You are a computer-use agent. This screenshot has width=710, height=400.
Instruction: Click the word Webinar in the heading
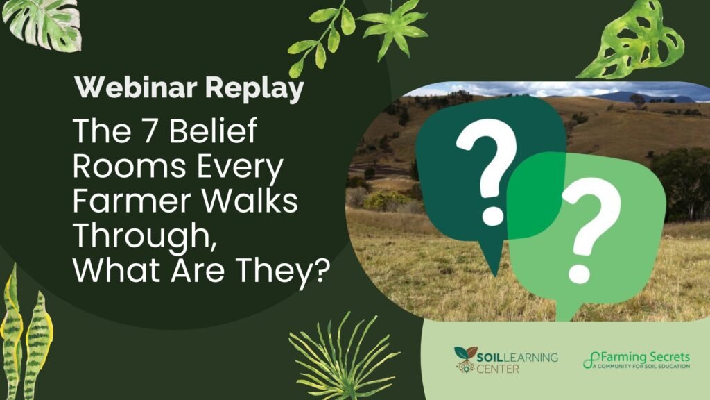[x=136, y=87]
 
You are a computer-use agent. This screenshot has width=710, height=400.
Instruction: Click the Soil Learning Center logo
[x=505, y=360]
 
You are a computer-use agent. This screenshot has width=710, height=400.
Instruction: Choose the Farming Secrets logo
[x=637, y=360]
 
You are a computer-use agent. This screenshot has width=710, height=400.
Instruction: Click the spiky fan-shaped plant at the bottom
[x=343, y=358]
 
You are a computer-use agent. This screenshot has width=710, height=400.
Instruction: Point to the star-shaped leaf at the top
[x=394, y=28]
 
